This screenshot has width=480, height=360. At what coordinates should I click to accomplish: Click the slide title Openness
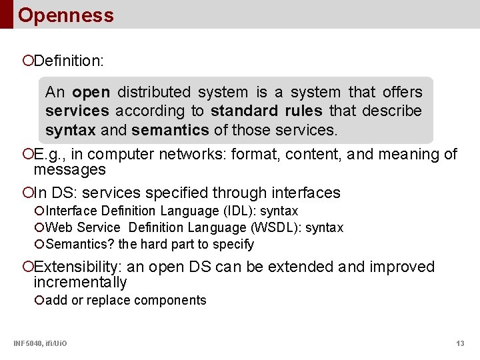coord(65,15)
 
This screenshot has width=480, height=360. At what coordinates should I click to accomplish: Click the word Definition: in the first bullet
coord(68,61)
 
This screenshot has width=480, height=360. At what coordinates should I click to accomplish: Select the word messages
coord(69,170)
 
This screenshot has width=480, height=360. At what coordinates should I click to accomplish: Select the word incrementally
coord(80,283)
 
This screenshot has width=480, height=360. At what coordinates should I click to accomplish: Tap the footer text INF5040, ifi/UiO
coord(40,343)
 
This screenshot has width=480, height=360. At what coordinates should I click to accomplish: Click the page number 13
coord(460,343)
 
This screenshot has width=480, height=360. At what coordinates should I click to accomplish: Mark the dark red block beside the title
coord(6,14)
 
